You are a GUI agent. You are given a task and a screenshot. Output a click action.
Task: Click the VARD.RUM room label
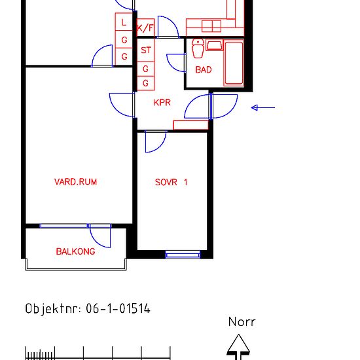75,182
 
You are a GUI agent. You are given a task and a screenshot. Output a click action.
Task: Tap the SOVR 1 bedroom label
171,183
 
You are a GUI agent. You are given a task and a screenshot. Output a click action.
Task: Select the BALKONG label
75,251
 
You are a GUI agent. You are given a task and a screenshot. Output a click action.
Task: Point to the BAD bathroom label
204,69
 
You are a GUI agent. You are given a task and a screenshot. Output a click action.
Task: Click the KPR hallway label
162,102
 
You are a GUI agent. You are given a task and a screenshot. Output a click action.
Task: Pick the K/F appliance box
145,27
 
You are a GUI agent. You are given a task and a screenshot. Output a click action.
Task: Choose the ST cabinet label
146,50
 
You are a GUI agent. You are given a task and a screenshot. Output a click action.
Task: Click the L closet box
124,22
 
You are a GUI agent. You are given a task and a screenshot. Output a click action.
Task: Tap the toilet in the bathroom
198,48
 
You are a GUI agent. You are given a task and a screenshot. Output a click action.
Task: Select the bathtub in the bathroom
234,62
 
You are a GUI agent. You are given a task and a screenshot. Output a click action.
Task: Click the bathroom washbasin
214,45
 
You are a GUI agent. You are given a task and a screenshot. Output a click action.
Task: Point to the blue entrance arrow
263,107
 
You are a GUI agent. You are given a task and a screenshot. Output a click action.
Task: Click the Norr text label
242,321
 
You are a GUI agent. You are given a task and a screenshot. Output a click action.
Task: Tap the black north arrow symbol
238,347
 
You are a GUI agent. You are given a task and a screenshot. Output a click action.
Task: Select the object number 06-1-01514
118,308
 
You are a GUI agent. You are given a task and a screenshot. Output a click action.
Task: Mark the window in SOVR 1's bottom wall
183,255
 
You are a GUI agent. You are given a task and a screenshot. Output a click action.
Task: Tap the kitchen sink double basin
211,26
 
